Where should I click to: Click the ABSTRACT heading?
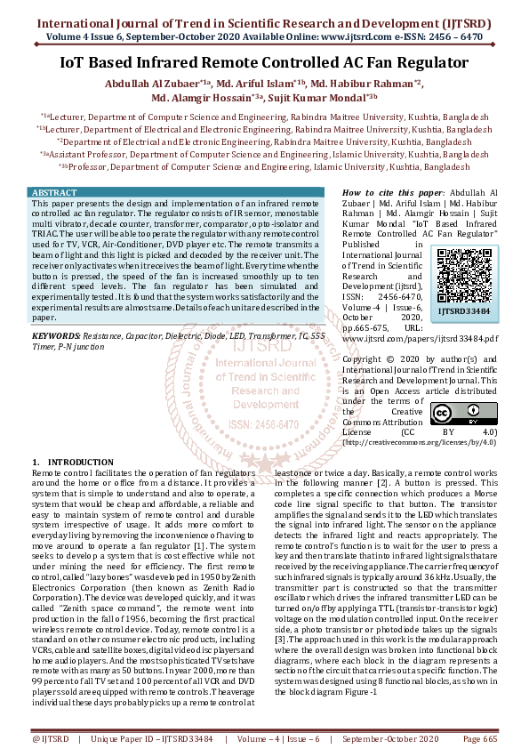[x=54, y=193]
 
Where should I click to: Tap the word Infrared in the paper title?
[x=199, y=63]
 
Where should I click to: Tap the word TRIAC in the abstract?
[x=44, y=234]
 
